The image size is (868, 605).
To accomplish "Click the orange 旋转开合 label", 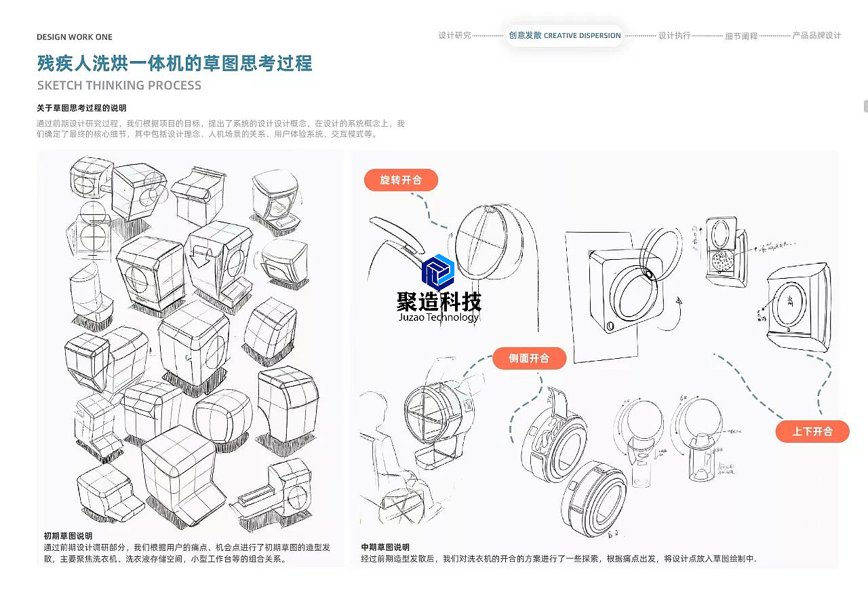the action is tap(401, 180).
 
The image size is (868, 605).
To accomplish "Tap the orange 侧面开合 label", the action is tap(529, 358).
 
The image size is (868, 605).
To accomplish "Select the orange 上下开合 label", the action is tap(812, 431).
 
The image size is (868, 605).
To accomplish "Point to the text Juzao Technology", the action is tap(438, 317).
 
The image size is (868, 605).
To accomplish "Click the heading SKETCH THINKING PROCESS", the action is tap(119, 85).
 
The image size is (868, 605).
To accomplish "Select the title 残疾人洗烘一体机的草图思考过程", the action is tap(174, 64).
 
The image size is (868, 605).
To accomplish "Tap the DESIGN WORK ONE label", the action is tap(75, 37).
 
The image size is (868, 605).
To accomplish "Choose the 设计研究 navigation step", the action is tap(454, 35).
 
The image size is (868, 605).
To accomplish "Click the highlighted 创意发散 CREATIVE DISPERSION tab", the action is tap(564, 35).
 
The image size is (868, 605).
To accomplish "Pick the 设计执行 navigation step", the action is tap(674, 35).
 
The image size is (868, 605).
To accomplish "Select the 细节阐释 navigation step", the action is tap(741, 36).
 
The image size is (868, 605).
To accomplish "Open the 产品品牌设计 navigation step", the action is tap(816, 35).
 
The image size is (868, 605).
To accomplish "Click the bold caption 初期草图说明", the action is tap(68, 536).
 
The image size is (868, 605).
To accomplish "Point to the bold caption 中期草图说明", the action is tap(385, 547).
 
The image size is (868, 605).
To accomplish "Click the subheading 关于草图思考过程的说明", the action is tap(81, 108).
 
